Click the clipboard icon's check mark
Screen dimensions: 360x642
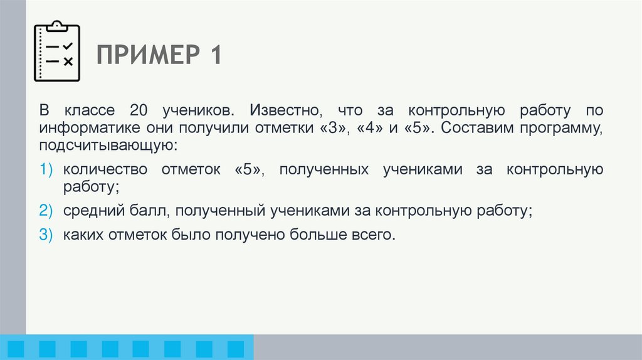pyautogui.click(x=68, y=46)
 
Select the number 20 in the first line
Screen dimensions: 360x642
pyautogui.click(x=139, y=111)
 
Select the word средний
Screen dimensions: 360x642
pyautogui.click(x=88, y=211)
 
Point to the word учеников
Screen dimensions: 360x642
pyautogui.click(x=201, y=111)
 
